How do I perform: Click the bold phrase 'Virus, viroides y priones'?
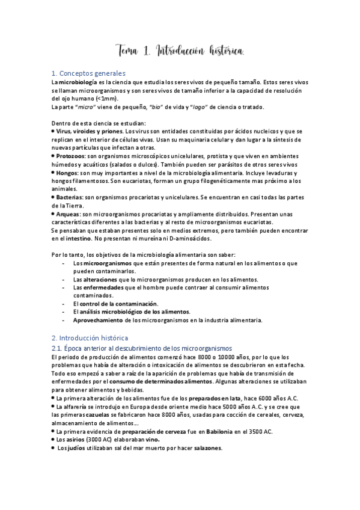[x=88, y=131]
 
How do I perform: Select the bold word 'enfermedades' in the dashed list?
[x=97, y=288]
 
